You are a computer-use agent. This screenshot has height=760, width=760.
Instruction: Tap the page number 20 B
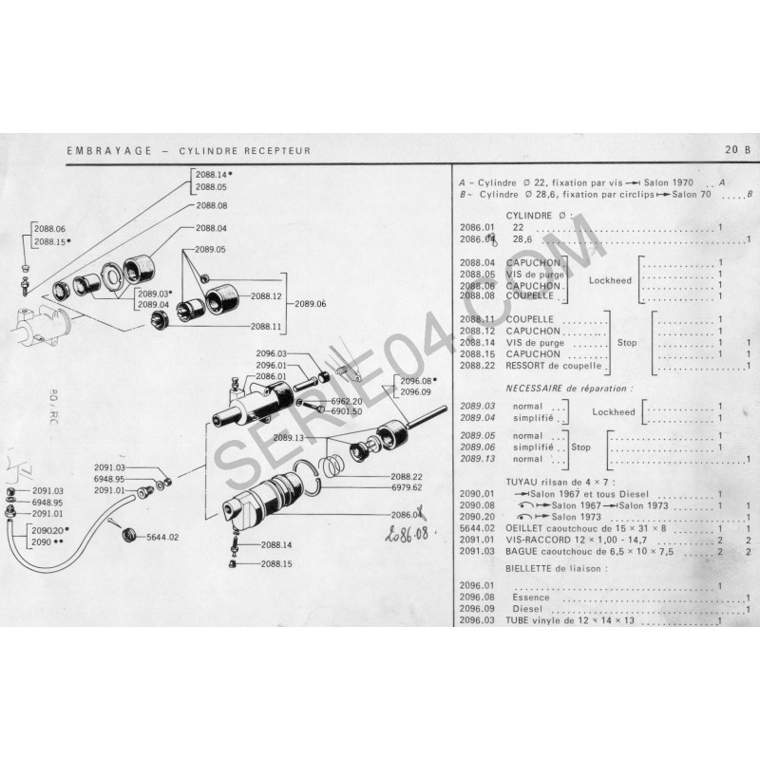[736, 150]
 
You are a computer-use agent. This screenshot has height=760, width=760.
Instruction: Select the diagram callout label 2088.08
[212, 205]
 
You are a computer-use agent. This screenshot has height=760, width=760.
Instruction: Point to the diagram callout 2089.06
[310, 304]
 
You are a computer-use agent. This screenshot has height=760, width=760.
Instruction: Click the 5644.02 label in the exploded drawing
[161, 537]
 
